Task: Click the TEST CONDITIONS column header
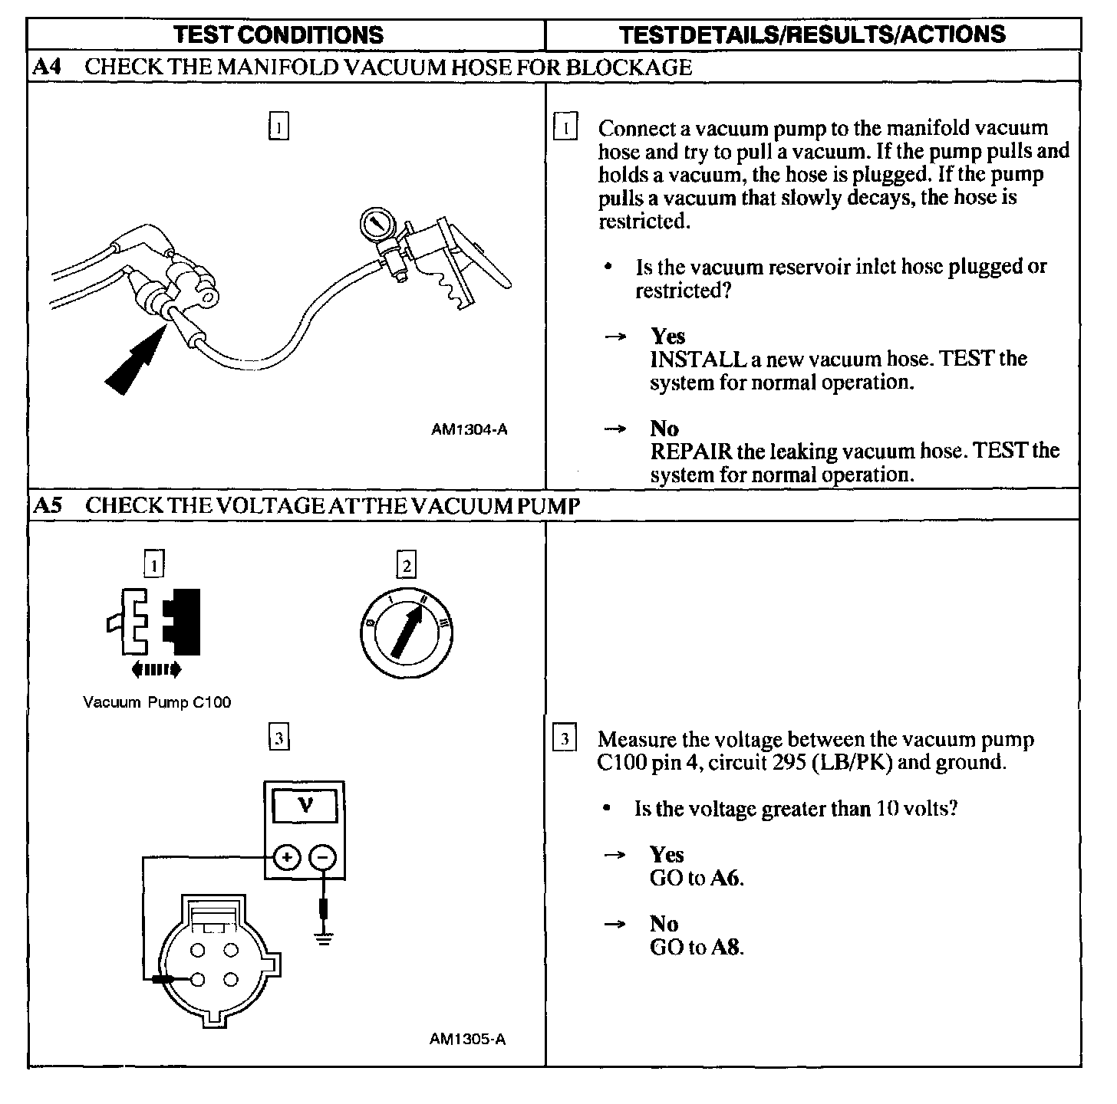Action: click(278, 34)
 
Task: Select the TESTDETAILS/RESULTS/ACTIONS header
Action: click(812, 34)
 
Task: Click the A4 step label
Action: click(44, 67)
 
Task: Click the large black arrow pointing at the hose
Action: click(134, 360)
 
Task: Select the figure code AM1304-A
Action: click(470, 429)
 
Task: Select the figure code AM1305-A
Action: click(467, 1039)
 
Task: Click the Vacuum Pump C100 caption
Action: click(157, 701)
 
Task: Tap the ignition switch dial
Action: click(406, 633)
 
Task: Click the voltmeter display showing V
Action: click(305, 806)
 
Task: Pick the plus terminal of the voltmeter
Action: click(286, 858)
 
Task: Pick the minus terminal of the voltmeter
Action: click(322, 858)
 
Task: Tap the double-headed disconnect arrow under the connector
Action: click(157, 670)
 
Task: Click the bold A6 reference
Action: click(726, 878)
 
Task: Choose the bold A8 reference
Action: click(726, 947)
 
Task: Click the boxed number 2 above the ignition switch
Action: click(406, 566)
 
